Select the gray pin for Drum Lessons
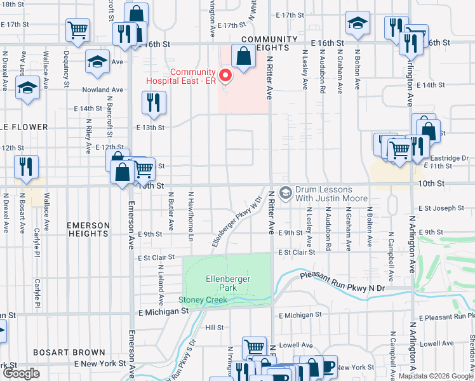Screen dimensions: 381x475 tap(286, 192)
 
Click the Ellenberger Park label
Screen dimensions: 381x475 tap(227, 283)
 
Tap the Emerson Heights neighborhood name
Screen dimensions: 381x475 tap(88, 229)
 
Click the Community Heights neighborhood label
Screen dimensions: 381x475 tap(269, 43)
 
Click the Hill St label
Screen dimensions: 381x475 tap(215, 328)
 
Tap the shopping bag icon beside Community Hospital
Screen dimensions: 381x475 tap(244, 56)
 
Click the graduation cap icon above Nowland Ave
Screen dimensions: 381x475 tap(97, 61)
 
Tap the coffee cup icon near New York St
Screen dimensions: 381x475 tap(328, 366)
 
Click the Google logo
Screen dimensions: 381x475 tap(21, 373)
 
